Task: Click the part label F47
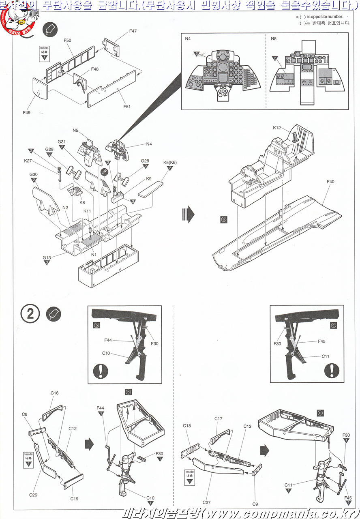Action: pos(133,31)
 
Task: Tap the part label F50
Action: pos(67,41)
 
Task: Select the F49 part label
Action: pos(26,112)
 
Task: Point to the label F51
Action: pos(127,107)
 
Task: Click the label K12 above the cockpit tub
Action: pos(276,128)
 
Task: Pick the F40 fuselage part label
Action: pos(330,182)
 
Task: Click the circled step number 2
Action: pos(31,314)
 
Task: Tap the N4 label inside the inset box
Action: pos(188,39)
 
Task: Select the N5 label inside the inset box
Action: pos(274,39)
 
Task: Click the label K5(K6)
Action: pos(170,163)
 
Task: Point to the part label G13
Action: pos(47,257)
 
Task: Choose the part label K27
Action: pos(28,161)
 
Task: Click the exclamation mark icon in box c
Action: pos(332,370)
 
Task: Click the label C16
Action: pos(55,393)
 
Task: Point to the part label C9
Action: pos(255,504)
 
